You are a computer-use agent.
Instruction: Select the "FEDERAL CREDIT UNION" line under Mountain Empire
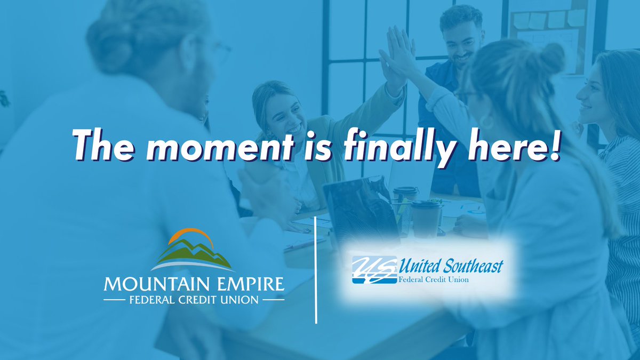coord(194,300)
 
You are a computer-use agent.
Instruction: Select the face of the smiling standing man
coord(462,37)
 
